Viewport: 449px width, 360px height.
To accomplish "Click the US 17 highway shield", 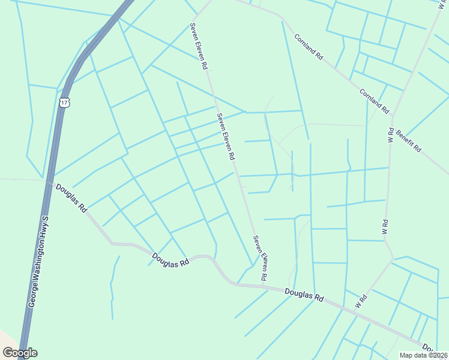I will click(65, 103).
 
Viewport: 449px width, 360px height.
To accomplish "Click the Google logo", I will click(20, 352).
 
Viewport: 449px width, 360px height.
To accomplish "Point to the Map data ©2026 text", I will click(424, 355).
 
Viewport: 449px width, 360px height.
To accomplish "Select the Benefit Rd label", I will click(408, 140).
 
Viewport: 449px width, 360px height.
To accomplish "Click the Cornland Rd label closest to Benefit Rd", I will click(375, 101).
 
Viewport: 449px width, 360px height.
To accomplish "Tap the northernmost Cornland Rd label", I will click(309, 46).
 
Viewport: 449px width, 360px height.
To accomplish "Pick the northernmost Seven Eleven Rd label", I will click(199, 45).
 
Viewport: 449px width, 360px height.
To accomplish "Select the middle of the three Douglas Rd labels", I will click(170, 260).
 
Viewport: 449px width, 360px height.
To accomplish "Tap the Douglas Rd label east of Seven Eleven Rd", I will click(304, 295).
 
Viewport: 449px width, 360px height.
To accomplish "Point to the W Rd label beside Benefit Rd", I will click(390, 134).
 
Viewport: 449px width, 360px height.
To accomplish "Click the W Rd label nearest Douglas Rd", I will click(361, 301).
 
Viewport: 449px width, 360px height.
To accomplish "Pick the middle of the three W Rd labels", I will click(385, 226).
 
